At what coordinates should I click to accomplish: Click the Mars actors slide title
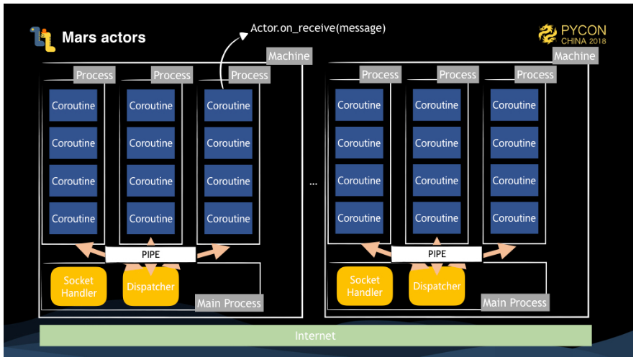(x=104, y=37)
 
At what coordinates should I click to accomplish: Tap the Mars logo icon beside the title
(x=42, y=39)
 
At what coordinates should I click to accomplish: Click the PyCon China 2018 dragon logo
(x=548, y=34)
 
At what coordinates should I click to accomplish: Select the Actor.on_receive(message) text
(x=318, y=28)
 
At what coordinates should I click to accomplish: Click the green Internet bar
(x=315, y=336)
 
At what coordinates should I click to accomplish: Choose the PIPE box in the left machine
(x=150, y=254)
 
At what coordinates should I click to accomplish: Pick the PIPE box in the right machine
(x=437, y=253)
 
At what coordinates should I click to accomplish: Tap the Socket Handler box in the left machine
(x=78, y=286)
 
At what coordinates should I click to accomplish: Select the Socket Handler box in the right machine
(x=365, y=286)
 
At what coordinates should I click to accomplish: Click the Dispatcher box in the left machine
(x=150, y=287)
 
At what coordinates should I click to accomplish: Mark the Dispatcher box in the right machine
(x=437, y=286)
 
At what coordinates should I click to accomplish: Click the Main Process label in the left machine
(x=230, y=303)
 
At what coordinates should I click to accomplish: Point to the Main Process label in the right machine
(x=515, y=302)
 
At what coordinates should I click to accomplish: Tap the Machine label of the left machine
(x=289, y=55)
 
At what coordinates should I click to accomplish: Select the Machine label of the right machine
(x=574, y=55)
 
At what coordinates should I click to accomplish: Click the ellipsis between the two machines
(x=314, y=184)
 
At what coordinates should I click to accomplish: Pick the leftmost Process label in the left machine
(x=94, y=75)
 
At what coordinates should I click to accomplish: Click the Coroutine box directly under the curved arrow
(x=228, y=106)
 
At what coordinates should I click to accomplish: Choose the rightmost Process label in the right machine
(x=535, y=74)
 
